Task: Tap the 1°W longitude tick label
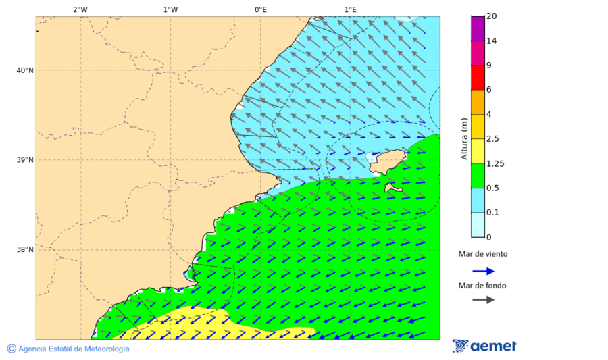[x=170, y=9]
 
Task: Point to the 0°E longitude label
[x=260, y=9]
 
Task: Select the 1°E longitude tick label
[x=350, y=9]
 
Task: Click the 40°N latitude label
[x=25, y=70]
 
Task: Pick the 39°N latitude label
[x=25, y=160]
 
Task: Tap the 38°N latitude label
[x=25, y=249]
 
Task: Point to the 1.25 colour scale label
[x=496, y=163]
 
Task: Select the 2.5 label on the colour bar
[x=493, y=139]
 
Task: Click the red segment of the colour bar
[x=478, y=78]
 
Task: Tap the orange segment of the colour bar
[x=478, y=102]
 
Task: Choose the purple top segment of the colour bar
[x=478, y=28]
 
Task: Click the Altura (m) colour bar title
[x=464, y=138]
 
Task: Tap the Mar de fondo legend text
[x=482, y=286]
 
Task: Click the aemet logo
[x=484, y=346]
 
